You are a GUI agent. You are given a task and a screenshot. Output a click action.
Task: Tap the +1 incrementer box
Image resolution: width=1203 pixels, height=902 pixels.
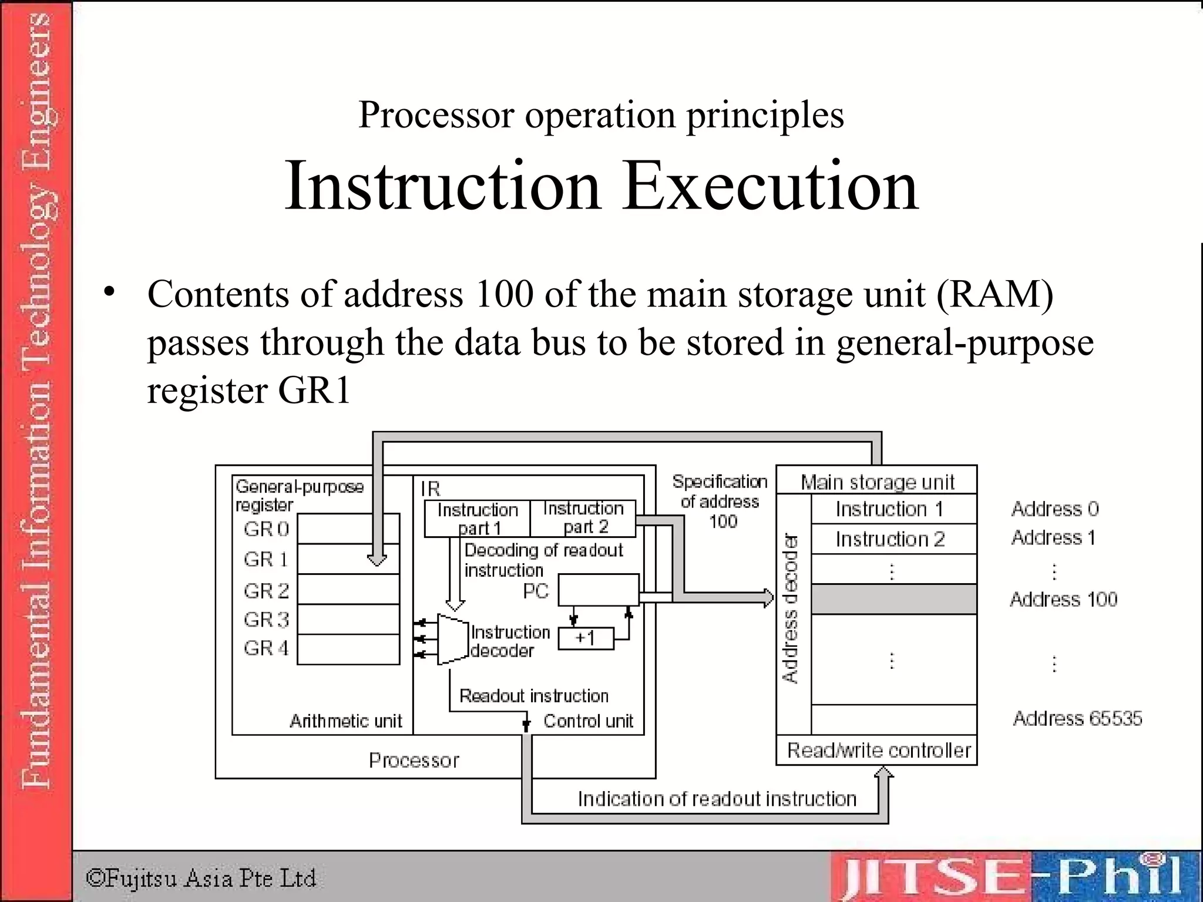point(586,638)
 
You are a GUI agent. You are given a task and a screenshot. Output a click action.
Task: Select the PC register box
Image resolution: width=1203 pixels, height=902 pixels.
point(598,590)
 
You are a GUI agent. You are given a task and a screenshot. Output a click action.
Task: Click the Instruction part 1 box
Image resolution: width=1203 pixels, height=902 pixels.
point(477,519)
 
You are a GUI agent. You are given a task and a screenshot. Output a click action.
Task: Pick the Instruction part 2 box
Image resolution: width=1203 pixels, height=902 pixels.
point(583,518)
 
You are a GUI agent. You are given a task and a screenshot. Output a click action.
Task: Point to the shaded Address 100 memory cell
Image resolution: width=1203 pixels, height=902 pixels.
point(893,599)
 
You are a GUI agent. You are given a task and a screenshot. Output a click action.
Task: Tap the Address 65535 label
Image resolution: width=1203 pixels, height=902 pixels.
point(1077,718)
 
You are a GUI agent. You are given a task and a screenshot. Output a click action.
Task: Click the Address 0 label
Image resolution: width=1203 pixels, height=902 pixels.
point(1054,509)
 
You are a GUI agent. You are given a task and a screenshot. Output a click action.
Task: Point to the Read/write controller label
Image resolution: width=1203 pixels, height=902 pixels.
point(879,750)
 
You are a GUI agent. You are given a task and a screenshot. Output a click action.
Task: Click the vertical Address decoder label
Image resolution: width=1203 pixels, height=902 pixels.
point(792,608)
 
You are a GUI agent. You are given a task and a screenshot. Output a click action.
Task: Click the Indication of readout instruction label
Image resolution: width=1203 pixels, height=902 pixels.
point(717,799)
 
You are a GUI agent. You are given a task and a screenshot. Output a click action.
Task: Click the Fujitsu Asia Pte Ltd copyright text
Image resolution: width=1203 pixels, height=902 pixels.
point(201,879)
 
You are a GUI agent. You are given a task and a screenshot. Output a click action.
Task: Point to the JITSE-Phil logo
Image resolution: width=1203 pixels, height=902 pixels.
point(1013,877)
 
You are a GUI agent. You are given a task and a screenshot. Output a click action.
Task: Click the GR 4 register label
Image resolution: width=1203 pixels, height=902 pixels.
point(266,648)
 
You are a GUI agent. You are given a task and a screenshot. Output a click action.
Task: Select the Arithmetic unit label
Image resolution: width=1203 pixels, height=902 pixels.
point(345,721)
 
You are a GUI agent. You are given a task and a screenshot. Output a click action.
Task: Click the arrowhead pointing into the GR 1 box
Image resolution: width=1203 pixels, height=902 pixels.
point(377,560)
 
